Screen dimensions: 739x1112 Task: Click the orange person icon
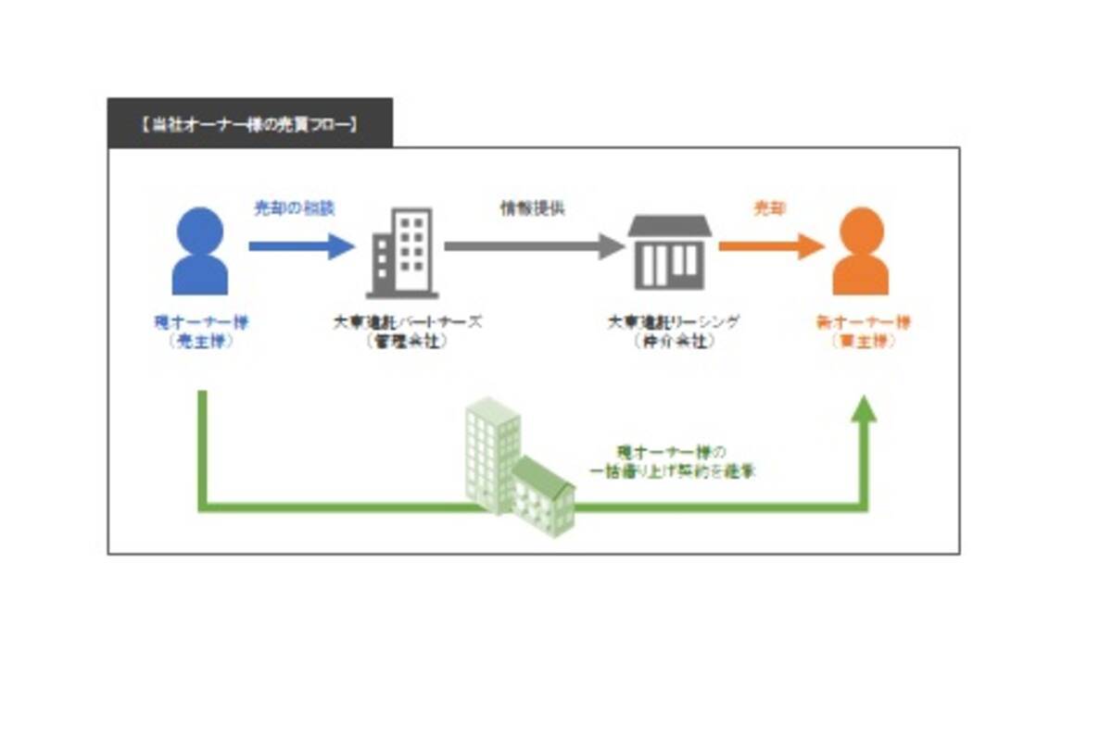tap(860, 251)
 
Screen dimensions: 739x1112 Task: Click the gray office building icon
tap(402, 252)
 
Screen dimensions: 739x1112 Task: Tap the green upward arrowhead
tap(864, 409)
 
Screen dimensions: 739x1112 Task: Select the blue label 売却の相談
tap(295, 208)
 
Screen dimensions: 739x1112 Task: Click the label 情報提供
tap(533, 208)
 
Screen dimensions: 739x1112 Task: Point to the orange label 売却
tap(769, 208)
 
